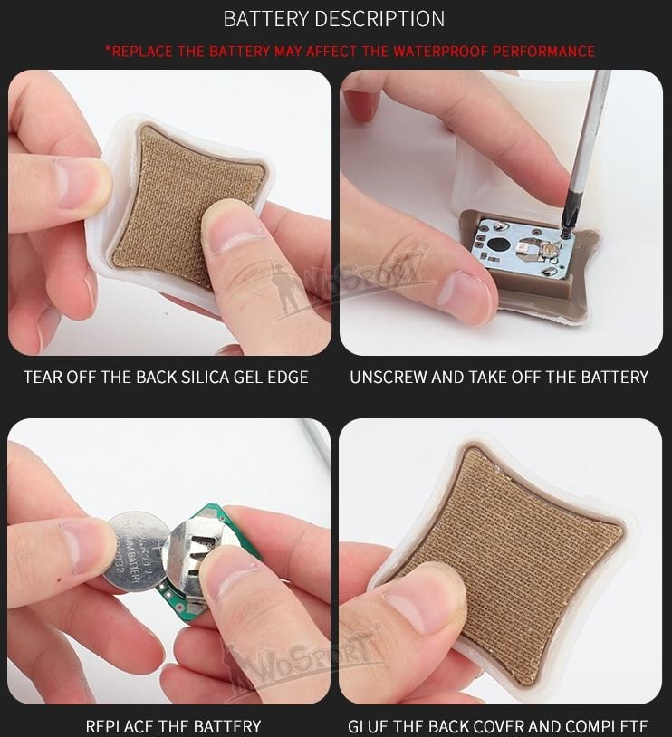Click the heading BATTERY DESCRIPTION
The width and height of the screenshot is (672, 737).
click(x=334, y=19)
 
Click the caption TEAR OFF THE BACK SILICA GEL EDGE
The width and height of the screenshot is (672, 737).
click(x=166, y=377)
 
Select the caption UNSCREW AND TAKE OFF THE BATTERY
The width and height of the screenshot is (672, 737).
click(x=499, y=377)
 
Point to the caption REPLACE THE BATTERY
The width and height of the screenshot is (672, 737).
click(x=173, y=726)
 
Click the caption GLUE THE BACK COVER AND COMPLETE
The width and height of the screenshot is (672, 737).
click(x=498, y=726)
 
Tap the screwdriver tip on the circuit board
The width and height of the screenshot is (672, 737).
click(x=566, y=234)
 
